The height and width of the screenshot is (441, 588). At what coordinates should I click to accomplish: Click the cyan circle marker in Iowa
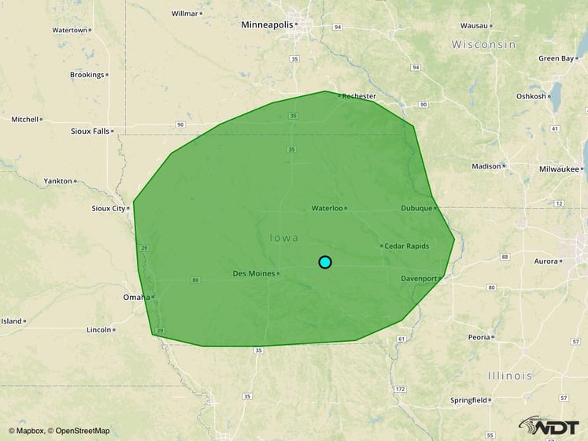pos(325,262)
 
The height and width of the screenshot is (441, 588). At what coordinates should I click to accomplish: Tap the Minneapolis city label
pos(267,24)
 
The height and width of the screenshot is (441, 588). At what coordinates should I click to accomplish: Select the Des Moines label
pos(253,273)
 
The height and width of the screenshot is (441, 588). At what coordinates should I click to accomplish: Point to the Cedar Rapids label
pos(406,246)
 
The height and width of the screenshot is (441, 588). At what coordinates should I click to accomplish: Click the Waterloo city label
pos(327,209)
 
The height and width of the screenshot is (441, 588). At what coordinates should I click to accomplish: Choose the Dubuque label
pos(416,209)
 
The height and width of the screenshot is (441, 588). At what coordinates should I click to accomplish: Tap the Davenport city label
pos(419,279)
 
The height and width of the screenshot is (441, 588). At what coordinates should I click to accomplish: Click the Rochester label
pos(359,96)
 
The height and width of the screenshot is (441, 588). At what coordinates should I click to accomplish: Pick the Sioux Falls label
pos(90,132)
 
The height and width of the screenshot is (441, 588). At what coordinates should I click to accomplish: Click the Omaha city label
pos(136,297)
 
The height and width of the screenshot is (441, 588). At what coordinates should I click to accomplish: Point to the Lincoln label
pos(98,330)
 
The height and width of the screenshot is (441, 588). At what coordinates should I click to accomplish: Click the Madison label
pos(486,166)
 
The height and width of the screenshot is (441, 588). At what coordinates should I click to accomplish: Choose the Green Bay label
pos(556,58)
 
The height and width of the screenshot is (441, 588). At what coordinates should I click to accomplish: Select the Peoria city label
pos(479,337)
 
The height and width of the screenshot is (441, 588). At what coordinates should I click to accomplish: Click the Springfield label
pos(468,400)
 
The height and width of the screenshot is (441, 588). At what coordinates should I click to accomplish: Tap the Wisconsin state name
pos(483,45)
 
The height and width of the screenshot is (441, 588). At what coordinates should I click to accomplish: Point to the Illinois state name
pos(509,376)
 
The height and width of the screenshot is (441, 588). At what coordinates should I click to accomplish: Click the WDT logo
pos(549,426)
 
